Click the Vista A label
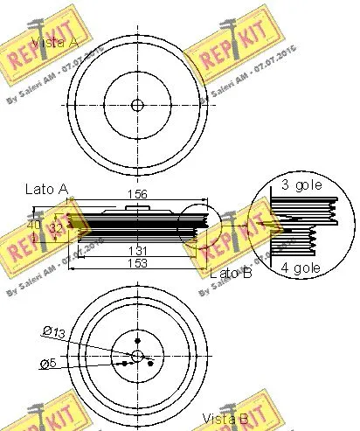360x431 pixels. click(x=56, y=42)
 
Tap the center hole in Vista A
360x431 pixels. click(x=136, y=106)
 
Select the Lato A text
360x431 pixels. click(x=47, y=188)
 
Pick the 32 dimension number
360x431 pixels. click(x=56, y=228)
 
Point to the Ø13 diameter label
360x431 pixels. click(x=55, y=330)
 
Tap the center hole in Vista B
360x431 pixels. click(x=136, y=354)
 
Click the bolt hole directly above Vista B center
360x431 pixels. click(x=136, y=339)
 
